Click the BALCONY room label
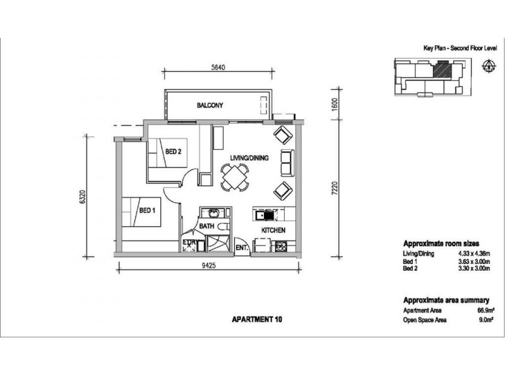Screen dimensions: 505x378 click(210, 105)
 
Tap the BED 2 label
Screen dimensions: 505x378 click(173, 151)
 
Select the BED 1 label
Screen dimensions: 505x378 click(147, 210)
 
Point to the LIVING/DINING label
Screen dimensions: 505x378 click(249, 158)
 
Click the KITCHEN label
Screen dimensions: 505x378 click(273, 230)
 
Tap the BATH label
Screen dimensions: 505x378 click(206, 226)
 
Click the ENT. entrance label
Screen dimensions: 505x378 click(242, 248)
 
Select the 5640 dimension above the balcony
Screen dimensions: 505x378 click(218, 67)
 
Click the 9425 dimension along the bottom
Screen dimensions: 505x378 click(208, 265)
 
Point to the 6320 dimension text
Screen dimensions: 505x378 click(83, 197)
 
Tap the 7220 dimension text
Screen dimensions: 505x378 click(335, 188)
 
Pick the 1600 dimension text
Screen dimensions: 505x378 click(335, 104)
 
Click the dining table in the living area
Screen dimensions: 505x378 click(235, 177)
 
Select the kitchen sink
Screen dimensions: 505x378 click(264, 215)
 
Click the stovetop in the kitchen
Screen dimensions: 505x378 click(281, 246)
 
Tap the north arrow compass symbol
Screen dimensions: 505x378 click(489, 66)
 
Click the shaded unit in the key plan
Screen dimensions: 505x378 click(443, 70)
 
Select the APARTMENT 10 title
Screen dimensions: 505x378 click(257, 319)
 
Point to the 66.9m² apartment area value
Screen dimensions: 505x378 click(485, 310)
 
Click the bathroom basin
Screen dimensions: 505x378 click(213, 212)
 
